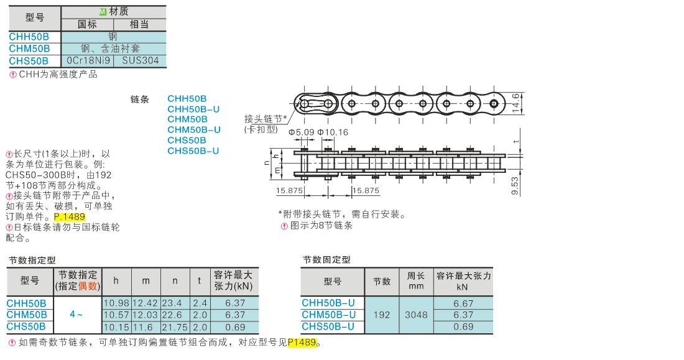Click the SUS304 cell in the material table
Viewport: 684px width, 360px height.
[141, 61]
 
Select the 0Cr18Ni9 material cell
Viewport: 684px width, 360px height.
[88, 61]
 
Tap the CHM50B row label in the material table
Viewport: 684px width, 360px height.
[29, 48]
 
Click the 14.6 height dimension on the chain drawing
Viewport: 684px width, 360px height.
[516, 103]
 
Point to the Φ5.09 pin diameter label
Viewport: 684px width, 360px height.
[301, 132]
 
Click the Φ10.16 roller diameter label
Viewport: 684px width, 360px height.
[333, 132]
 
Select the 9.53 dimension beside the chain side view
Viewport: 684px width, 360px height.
[515, 185]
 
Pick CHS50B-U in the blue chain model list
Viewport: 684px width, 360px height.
[193, 151]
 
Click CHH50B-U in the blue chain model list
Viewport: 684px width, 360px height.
[193, 109]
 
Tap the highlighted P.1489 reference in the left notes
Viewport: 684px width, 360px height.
[70, 217]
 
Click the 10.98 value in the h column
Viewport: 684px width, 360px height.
[116, 303]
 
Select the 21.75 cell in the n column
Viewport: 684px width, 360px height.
[175, 327]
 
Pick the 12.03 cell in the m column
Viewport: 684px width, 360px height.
[146, 315]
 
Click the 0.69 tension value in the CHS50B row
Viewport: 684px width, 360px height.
[235, 327]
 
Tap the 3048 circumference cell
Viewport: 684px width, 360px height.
[416, 315]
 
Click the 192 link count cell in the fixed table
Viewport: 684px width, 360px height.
[382, 315]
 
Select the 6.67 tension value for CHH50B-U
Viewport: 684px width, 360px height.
[463, 303]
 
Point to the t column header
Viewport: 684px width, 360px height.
[200, 281]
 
